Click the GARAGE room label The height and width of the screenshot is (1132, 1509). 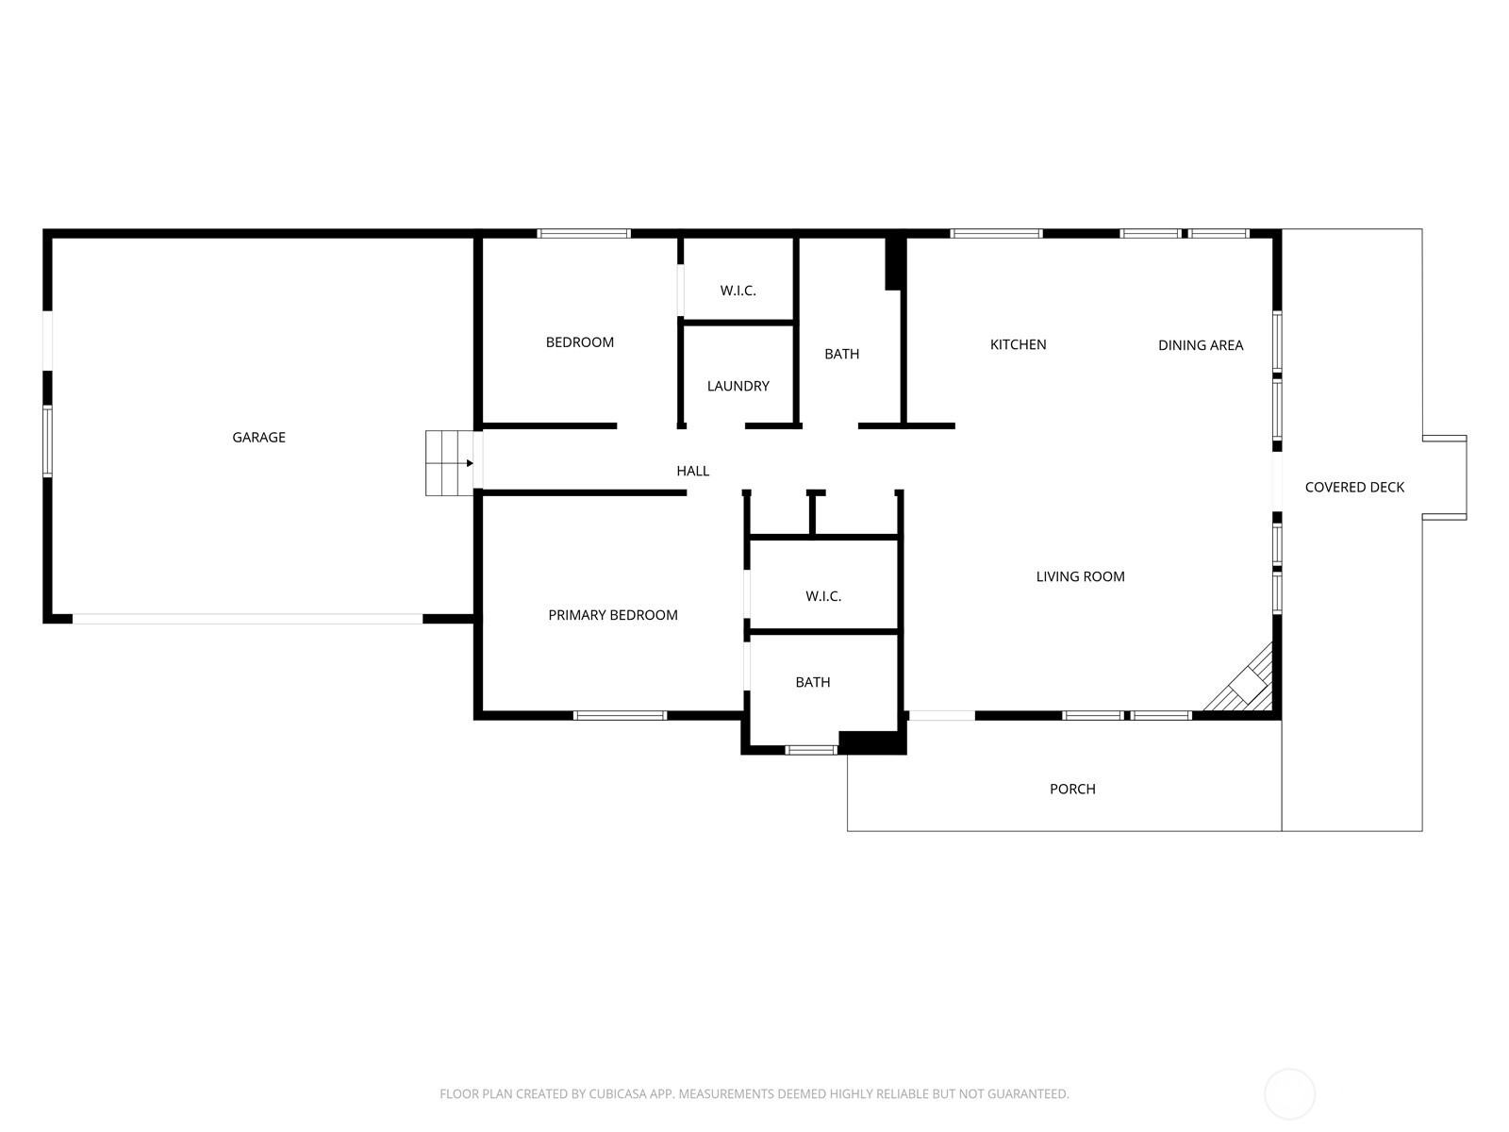coord(258,437)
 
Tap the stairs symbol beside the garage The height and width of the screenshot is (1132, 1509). coord(449,463)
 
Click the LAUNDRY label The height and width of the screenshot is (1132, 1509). coord(738,386)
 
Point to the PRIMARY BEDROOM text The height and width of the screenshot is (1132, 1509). coord(613,615)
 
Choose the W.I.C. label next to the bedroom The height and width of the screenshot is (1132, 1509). coord(738,291)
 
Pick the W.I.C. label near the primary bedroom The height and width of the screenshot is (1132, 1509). coord(822,596)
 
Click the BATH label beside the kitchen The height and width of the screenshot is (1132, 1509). coord(841,354)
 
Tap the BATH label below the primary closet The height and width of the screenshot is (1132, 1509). coord(812,682)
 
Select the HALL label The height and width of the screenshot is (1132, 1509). coord(692,471)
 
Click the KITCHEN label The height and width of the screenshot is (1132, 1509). coord(1018,344)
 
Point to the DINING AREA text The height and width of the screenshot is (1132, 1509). coord(1200,345)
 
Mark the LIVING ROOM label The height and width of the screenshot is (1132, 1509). coord(1080,576)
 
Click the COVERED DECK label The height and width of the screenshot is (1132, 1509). coord(1354,487)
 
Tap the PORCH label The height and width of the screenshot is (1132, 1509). coord(1072,789)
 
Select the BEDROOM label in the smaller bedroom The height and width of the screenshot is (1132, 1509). coord(579,342)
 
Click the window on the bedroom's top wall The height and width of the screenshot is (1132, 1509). coord(583,233)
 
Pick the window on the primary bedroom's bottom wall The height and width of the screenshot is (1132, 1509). coord(620,715)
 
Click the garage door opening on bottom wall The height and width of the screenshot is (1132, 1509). coord(247,619)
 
